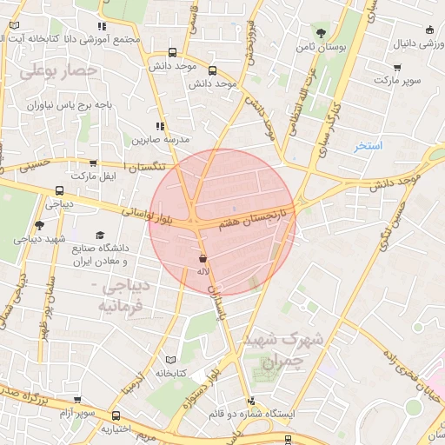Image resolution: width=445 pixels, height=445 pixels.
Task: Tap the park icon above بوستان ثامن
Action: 321,33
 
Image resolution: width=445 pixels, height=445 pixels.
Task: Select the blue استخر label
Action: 368,146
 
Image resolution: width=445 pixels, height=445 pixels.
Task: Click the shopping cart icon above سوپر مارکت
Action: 397,67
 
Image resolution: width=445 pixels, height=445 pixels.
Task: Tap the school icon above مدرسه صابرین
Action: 159,127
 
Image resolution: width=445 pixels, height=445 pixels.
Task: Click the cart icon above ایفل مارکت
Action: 93,163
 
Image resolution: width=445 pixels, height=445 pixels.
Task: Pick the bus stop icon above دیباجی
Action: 59,191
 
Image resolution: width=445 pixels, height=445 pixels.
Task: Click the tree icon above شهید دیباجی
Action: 39,226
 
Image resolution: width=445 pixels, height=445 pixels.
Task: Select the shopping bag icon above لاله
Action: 203,259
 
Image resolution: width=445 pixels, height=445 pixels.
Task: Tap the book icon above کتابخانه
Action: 170,359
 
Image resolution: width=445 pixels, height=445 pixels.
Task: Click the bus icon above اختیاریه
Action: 115,415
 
